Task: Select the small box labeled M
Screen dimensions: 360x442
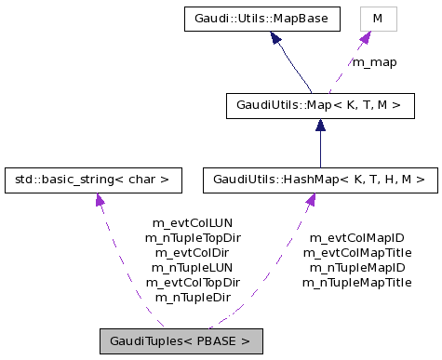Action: click(378, 18)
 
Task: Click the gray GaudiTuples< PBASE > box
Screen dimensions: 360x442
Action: click(181, 340)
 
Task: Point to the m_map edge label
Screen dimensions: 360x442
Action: click(374, 62)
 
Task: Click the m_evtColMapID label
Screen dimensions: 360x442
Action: click(357, 238)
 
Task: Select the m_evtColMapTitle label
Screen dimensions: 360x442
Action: click(357, 253)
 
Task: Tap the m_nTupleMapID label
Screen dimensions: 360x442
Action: click(357, 268)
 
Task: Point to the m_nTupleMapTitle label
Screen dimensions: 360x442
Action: click(357, 283)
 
